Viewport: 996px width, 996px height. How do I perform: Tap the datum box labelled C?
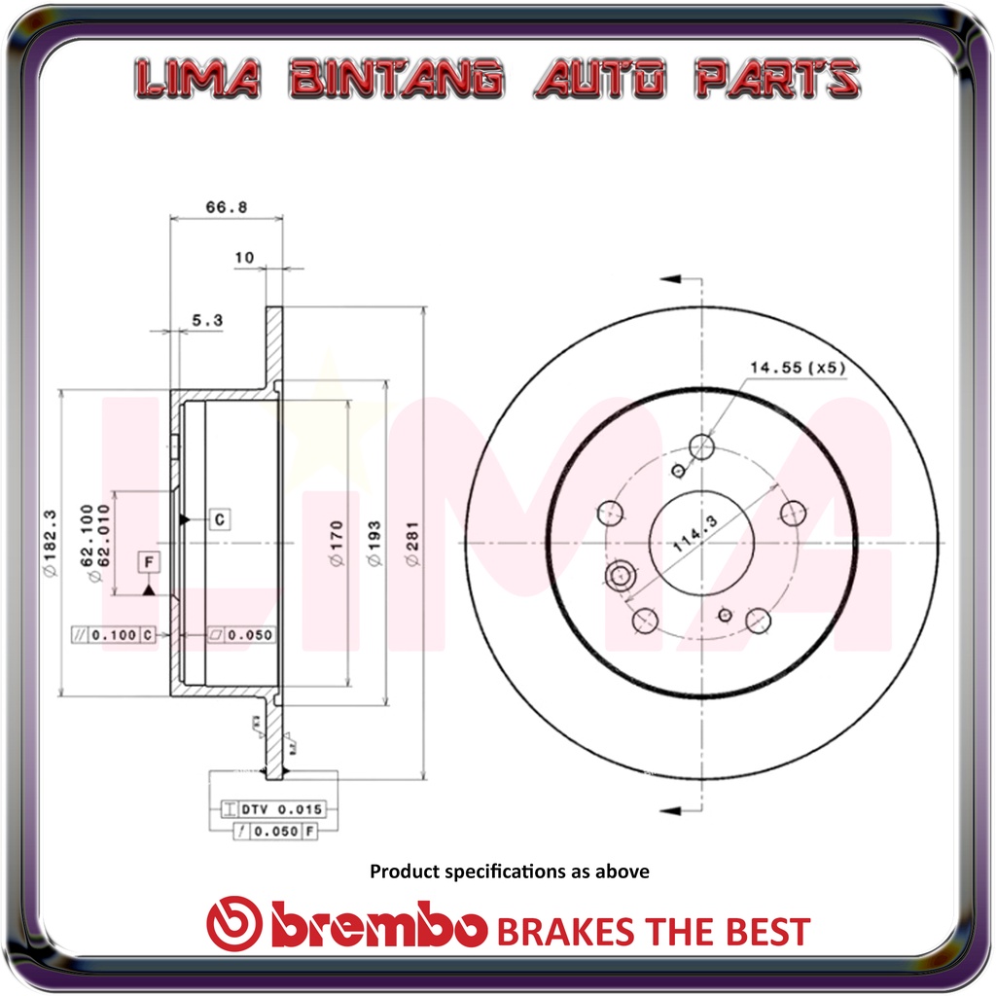tap(220, 519)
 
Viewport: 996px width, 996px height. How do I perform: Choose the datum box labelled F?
tap(149, 562)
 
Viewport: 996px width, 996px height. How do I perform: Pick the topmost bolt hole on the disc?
tap(701, 446)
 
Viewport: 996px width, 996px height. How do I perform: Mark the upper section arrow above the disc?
tap(671, 280)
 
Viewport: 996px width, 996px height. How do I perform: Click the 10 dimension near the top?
tap(244, 258)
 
